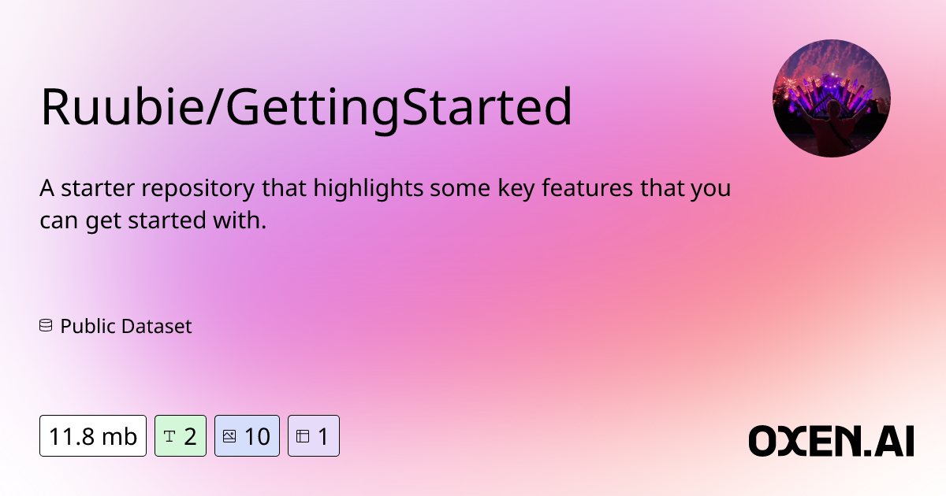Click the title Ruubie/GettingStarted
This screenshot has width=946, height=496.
click(x=306, y=108)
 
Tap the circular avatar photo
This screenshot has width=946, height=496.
click(x=832, y=98)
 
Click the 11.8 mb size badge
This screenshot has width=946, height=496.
click(x=93, y=435)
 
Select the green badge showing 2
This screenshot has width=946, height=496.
click(x=181, y=435)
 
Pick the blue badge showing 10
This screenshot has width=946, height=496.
click(x=247, y=435)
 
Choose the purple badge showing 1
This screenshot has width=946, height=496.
click(x=314, y=435)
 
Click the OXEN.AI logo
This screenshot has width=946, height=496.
click(x=831, y=441)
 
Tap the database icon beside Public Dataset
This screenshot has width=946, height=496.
click(x=46, y=326)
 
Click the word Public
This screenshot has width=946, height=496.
click(x=88, y=327)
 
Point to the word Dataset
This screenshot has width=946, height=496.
click(x=157, y=326)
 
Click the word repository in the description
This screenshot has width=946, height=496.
click(x=198, y=189)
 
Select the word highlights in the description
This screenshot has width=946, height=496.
click(x=368, y=188)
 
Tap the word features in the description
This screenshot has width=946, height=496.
click(x=587, y=187)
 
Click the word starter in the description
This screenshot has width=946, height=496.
click(x=98, y=188)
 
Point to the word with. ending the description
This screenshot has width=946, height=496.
click(x=240, y=220)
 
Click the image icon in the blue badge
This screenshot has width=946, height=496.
click(x=229, y=436)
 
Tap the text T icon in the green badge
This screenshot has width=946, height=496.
click(x=169, y=436)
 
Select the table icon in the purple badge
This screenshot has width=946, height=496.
click(x=303, y=436)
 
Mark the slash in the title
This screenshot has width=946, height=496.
click(x=214, y=106)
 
